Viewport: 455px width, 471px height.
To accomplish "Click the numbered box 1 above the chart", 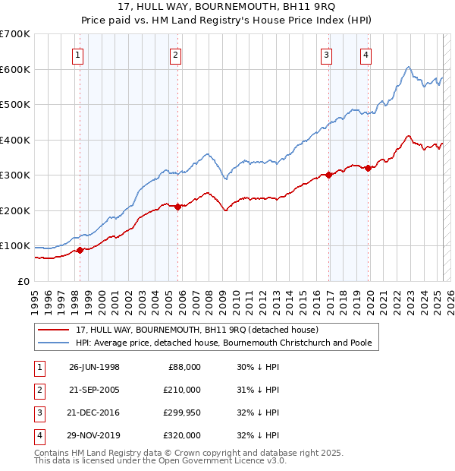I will [79, 54].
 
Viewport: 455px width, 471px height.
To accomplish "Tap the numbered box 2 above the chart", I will [175, 54].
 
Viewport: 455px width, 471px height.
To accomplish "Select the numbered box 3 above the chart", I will [326, 54].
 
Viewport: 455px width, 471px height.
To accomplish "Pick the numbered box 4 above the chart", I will [366, 54].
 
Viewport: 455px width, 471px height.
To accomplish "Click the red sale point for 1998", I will [80, 250].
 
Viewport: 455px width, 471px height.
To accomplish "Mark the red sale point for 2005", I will [177, 207].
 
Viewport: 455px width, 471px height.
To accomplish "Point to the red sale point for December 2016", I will [328, 175].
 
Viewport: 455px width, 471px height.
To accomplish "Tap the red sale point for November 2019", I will [368, 168].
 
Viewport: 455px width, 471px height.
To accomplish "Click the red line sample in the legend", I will [53, 330].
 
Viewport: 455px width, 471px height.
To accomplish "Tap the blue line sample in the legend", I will [53, 343].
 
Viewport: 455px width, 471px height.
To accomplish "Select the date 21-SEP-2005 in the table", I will [94, 389].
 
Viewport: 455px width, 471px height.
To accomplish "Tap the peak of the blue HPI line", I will [408, 67].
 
